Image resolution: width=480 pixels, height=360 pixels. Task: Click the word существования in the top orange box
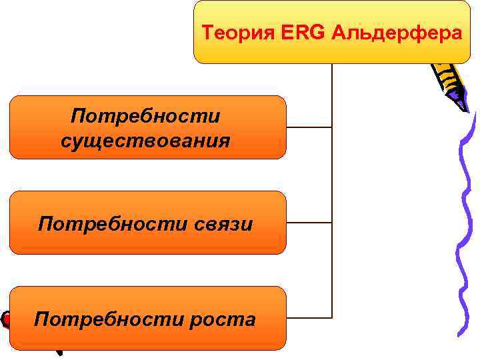[x=145, y=141]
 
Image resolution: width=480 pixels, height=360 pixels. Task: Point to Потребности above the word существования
[x=145, y=117]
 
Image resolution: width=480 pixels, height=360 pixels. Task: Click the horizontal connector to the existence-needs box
[x=309, y=127]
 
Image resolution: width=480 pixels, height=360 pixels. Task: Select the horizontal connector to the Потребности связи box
[x=309, y=222]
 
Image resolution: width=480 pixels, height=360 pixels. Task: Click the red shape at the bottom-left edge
[x=5, y=320]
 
